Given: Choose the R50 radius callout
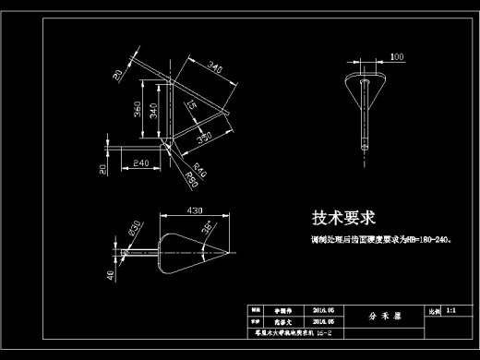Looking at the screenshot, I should (193, 173).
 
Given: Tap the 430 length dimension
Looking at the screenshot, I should (195, 211).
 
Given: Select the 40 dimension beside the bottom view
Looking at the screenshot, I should (112, 274).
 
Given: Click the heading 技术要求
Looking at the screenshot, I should (342, 219).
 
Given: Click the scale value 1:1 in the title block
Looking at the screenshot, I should (450, 312).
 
